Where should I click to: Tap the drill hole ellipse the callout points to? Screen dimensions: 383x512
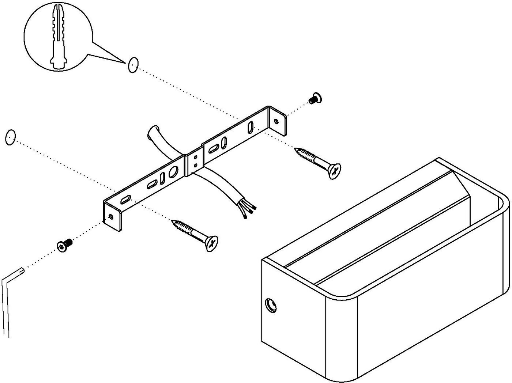(133, 65)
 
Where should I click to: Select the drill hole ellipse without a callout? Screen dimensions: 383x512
(10, 137)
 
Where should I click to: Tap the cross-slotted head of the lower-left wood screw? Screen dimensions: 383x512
(211, 243)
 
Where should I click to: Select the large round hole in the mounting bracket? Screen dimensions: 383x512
(174, 172)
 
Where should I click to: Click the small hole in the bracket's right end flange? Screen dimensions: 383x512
(276, 121)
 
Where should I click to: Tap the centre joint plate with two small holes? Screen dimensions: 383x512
(195, 161)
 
